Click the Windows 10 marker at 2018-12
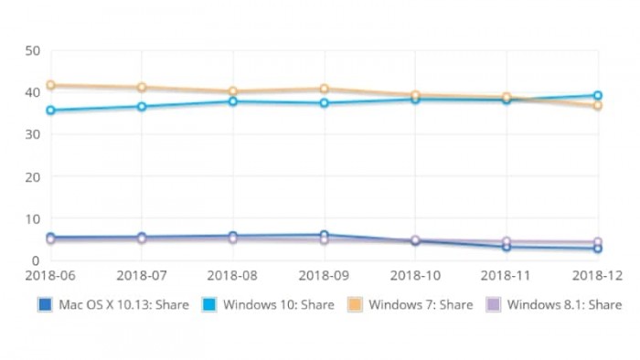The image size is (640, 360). click(x=598, y=95)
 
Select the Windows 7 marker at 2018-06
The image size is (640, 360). click(x=50, y=85)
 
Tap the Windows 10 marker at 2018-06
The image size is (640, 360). click(x=50, y=111)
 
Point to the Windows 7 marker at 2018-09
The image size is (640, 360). click(x=325, y=89)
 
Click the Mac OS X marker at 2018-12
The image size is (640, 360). click(x=598, y=249)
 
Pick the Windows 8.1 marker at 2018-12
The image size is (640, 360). click(x=598, y=242)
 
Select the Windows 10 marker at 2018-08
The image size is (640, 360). click(x=233, y=101)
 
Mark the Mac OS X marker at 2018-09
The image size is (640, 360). click(x=325, y=235)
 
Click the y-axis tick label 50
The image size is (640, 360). click(x=31, y=50)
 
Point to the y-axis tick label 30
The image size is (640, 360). click(x=31, y=134)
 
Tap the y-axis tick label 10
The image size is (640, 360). click(x=31, y=218)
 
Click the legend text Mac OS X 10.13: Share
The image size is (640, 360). click(x=125, y=304)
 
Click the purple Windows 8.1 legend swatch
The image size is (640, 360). click(x=493, y=304)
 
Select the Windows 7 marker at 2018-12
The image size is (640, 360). click(x=598, y=106)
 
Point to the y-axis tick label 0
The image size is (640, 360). click(x=35, y=260)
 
